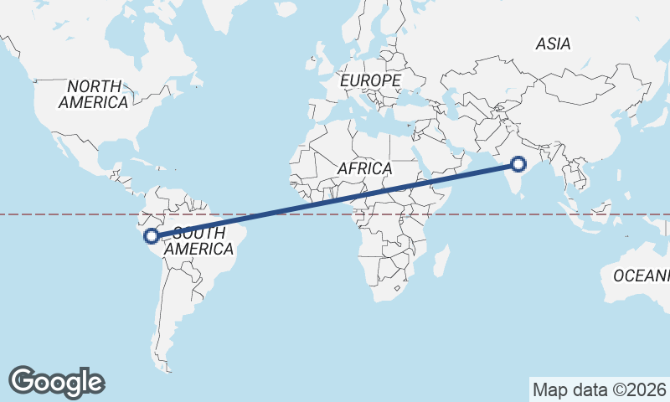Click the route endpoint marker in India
[x=518, y=164]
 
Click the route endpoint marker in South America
[x=152, y=236]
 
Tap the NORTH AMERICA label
[x=93, y=94]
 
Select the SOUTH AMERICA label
[x=198, y=241]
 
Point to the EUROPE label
[x=370, y=80]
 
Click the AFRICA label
[x=364, y=168]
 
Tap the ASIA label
[x=553, y=44]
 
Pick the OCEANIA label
[x=642, y=276]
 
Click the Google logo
[x=57, y=381]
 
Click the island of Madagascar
[x=440, y=260]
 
